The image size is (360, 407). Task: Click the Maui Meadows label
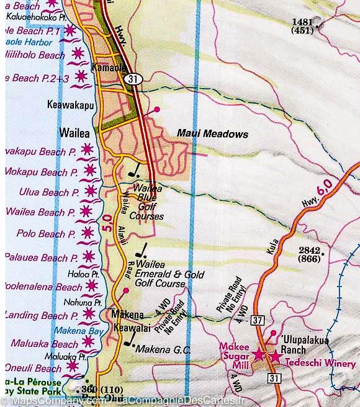pyautogui.click(x=212, y=133)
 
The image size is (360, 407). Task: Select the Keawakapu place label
pyautogui.click(x=70, y=105)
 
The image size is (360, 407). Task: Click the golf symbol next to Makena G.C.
pyautogui.click(x=130, y=340)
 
